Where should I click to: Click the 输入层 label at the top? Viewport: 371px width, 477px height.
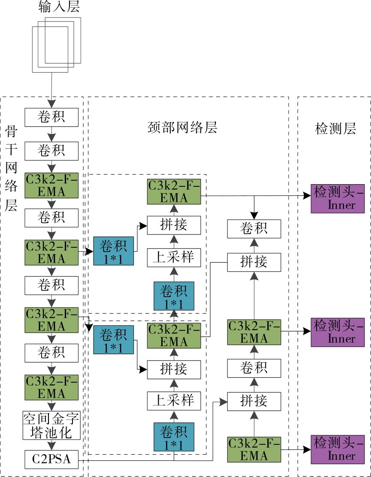pos(59,7)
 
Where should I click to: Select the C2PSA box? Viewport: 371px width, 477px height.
pos(51,460)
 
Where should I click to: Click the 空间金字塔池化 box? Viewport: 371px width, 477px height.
pos(51,425)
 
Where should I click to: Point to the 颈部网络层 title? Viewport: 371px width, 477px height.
pos(182,128)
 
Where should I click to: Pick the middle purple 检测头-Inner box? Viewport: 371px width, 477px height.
pos(337,332)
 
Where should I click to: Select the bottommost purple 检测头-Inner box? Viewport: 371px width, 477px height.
pos(337,449)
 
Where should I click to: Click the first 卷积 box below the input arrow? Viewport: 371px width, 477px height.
pos(51,117)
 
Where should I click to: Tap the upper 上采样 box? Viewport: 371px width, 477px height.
pos(174,257)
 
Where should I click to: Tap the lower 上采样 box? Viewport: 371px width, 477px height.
pos(174,400)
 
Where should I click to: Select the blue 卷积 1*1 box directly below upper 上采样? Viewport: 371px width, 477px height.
pos(174,296)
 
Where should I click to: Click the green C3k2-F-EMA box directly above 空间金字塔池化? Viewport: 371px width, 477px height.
pos(51,387)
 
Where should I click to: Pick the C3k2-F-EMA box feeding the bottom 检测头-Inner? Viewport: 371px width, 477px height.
pos(254,449)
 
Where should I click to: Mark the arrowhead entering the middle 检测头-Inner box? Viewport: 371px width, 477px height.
pos(307,332)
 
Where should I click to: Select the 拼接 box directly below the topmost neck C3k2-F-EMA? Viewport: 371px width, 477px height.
pos(174,225)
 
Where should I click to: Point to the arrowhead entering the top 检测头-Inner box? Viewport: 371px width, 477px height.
pos(307,196)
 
